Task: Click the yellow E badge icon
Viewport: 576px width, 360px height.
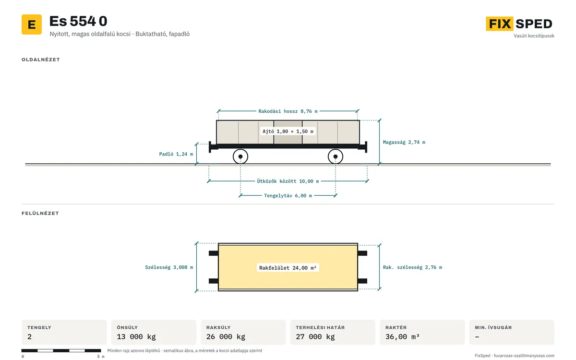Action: click(32, 24)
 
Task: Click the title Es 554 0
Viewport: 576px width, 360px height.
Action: click(78, 21)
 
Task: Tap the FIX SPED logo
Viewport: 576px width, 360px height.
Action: click(519, 24)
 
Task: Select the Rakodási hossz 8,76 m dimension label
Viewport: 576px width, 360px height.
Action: click(288, 111)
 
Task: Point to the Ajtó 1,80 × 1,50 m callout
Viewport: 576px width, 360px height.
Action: click(288, 132)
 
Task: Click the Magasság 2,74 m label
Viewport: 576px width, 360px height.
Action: click(404, 142)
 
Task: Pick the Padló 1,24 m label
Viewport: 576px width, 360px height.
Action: click(176, 154)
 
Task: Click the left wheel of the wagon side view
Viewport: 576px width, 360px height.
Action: click(240, 156)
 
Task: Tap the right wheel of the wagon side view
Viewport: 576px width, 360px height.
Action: click(336, 156)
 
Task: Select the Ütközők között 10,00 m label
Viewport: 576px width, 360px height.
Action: click(288, 181)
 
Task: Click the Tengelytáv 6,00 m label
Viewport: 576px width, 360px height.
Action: click(288, 196)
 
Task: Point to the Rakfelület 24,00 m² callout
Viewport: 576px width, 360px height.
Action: click(288, 268)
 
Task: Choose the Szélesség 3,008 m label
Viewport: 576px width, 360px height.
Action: click(169, 267)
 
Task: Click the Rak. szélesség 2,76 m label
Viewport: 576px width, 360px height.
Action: click(412, 267)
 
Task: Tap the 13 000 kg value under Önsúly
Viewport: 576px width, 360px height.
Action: click(136, 336)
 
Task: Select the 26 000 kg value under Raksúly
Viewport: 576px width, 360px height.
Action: click(226, 336)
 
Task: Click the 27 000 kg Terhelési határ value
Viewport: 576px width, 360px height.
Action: click(315, 336)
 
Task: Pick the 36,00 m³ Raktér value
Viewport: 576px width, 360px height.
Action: click(402, 336)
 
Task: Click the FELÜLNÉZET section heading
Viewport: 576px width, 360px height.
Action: click(40, 213)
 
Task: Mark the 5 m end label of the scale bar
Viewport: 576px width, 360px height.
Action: click(101, 356)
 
